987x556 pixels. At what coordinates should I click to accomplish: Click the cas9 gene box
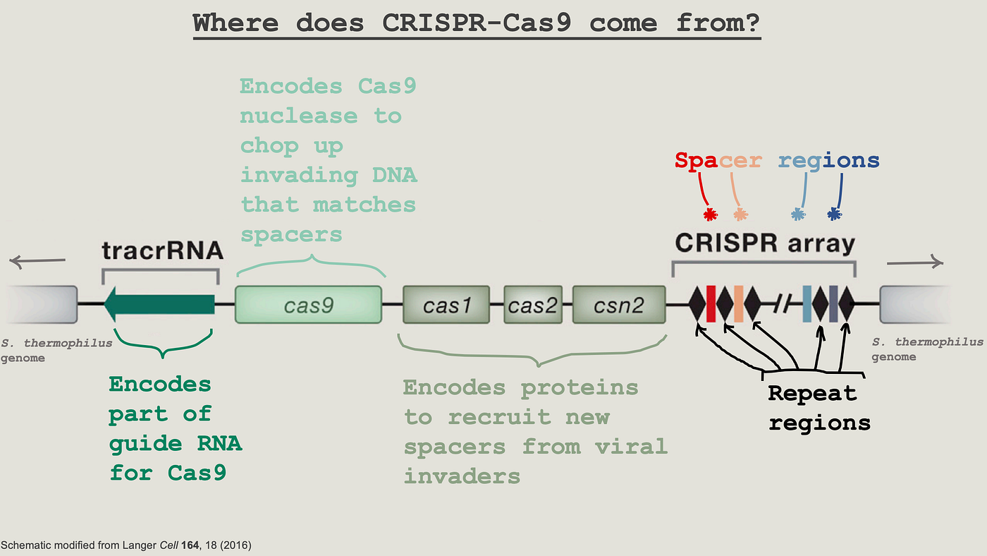pos(308,305)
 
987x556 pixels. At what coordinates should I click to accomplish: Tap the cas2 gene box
pos(532,305)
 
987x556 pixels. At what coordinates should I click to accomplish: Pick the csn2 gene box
pos(618,305)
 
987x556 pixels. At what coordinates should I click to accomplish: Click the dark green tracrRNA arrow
pos(159,303)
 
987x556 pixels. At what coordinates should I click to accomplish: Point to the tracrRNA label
pos(162,251)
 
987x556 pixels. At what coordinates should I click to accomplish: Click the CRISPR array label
pos(765,244)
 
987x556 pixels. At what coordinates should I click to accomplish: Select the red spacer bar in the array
pos(711,304)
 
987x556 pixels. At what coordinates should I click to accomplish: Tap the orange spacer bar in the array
pos(738,304)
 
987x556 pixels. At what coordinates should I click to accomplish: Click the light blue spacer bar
pos(807,304)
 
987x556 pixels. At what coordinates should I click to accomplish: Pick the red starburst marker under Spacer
pos(711,214)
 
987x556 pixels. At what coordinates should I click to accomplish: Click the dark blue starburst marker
pos(834,214)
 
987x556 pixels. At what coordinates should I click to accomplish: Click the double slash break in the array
pos(782,304)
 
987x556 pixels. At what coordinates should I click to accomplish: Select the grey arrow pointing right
pos(914,262)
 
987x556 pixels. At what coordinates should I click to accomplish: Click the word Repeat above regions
pos(811,394)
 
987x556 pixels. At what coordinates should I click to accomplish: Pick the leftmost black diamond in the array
pos(697,304)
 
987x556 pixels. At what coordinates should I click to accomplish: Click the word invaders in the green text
pos(462,476)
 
